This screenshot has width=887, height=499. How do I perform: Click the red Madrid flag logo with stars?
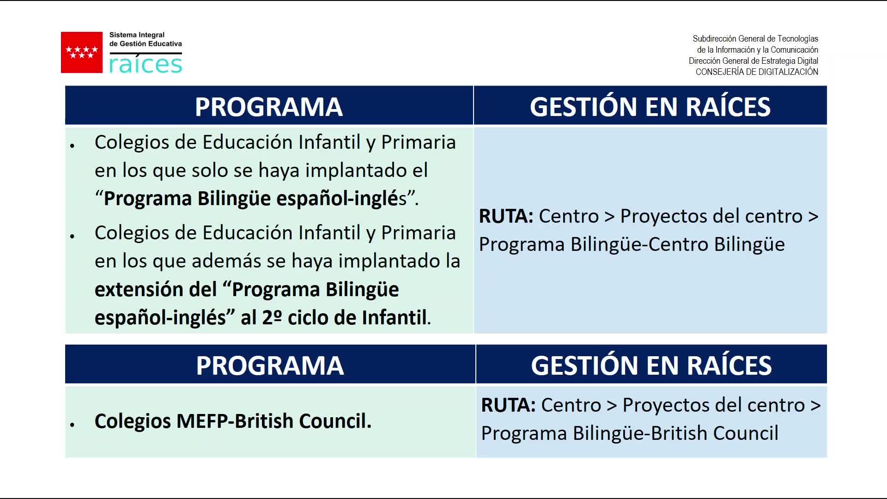click(x=82, y=52)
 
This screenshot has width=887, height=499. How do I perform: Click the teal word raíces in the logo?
click(x=146, y=64)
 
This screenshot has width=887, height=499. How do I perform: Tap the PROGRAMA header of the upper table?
click(x=269, y=107)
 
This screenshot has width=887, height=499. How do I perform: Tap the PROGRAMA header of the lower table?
click(x=270, y=365)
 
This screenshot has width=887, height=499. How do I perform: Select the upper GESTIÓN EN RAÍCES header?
click(x=650, y=106)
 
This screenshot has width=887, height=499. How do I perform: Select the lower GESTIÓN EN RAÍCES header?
click(x=651, y=365)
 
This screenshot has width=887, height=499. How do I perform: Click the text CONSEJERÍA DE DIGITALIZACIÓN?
click(x=757, y=72)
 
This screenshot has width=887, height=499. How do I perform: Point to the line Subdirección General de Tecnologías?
click(x=755, y=39)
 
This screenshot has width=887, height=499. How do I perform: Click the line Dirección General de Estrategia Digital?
click(x=753, y=61)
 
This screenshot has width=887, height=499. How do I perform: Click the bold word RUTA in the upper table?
click(x=506, y=216)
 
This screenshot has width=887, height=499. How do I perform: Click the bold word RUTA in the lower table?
click(x=508, y=405)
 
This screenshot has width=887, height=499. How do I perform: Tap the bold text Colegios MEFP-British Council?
click(x=233, y=421)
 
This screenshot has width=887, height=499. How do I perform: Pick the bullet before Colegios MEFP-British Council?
click(x=73, y=424)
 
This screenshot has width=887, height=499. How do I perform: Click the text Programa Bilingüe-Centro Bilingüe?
click(x=632, y=244)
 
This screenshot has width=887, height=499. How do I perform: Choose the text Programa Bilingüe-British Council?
click(x=630, y=433)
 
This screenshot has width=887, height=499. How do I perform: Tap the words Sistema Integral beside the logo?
click(x=137, y=35)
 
